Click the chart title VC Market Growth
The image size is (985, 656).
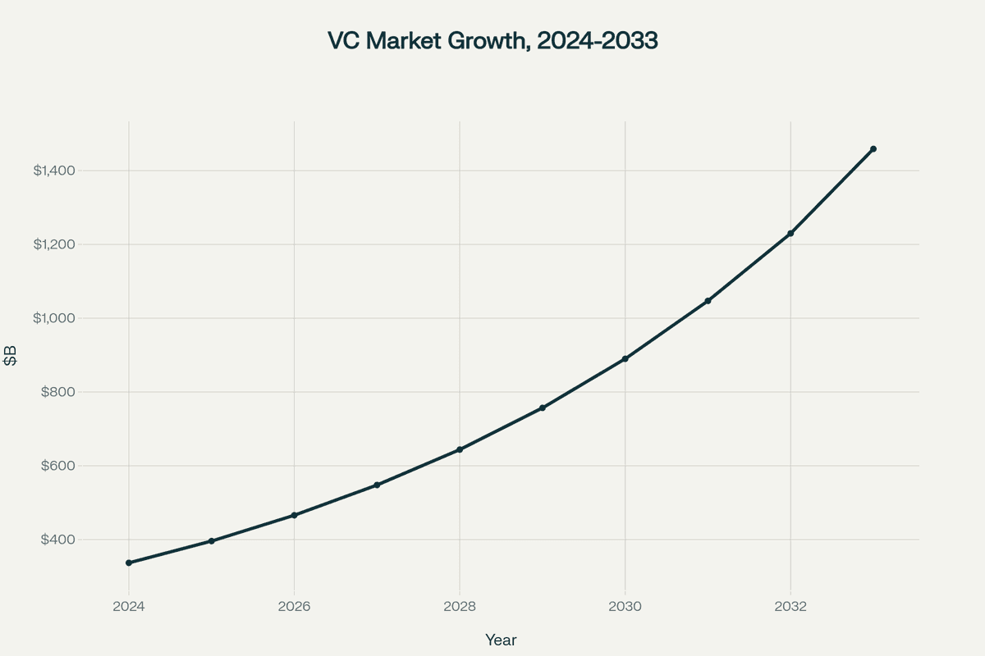pos(492,41)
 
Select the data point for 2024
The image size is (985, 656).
pos(129,563)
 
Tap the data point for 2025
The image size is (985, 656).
pos(212,541)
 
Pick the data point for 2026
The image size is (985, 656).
pos(294,515)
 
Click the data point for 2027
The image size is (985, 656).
pos(377,485)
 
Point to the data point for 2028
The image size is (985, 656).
pos(460,449)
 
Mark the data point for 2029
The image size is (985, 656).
pos(543,408)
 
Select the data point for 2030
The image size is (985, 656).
pos(625,359)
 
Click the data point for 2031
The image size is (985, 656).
pos(708,301)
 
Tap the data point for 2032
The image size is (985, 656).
pos(790,234)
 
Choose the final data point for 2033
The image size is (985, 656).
pos(873,149)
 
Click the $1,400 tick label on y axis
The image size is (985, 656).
pos(54,171)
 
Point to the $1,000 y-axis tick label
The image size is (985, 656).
pos(54,318)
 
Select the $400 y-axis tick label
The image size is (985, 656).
pos(59,540)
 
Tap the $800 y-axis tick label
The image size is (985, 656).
pos(59,392)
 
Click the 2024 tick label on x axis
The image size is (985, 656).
pos(129,607)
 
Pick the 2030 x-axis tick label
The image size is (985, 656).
pos(625,607)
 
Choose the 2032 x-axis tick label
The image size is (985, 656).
pos(790,607)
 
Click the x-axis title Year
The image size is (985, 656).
pos(501,640)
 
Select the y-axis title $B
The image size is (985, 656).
pos(11,357)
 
